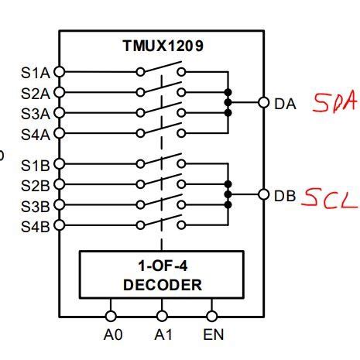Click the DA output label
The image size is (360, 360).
pos(285,103)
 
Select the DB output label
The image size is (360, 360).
pos(285,195)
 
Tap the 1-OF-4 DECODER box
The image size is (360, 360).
pos(162,274)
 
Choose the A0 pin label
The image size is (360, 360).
pos(111,338)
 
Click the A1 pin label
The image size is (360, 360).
pos(162,338)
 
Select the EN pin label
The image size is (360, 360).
pos(212,338)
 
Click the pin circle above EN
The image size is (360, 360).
pos(212,317)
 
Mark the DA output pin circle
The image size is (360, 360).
pos(264,102)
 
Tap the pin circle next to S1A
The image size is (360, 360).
pos(59,72)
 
